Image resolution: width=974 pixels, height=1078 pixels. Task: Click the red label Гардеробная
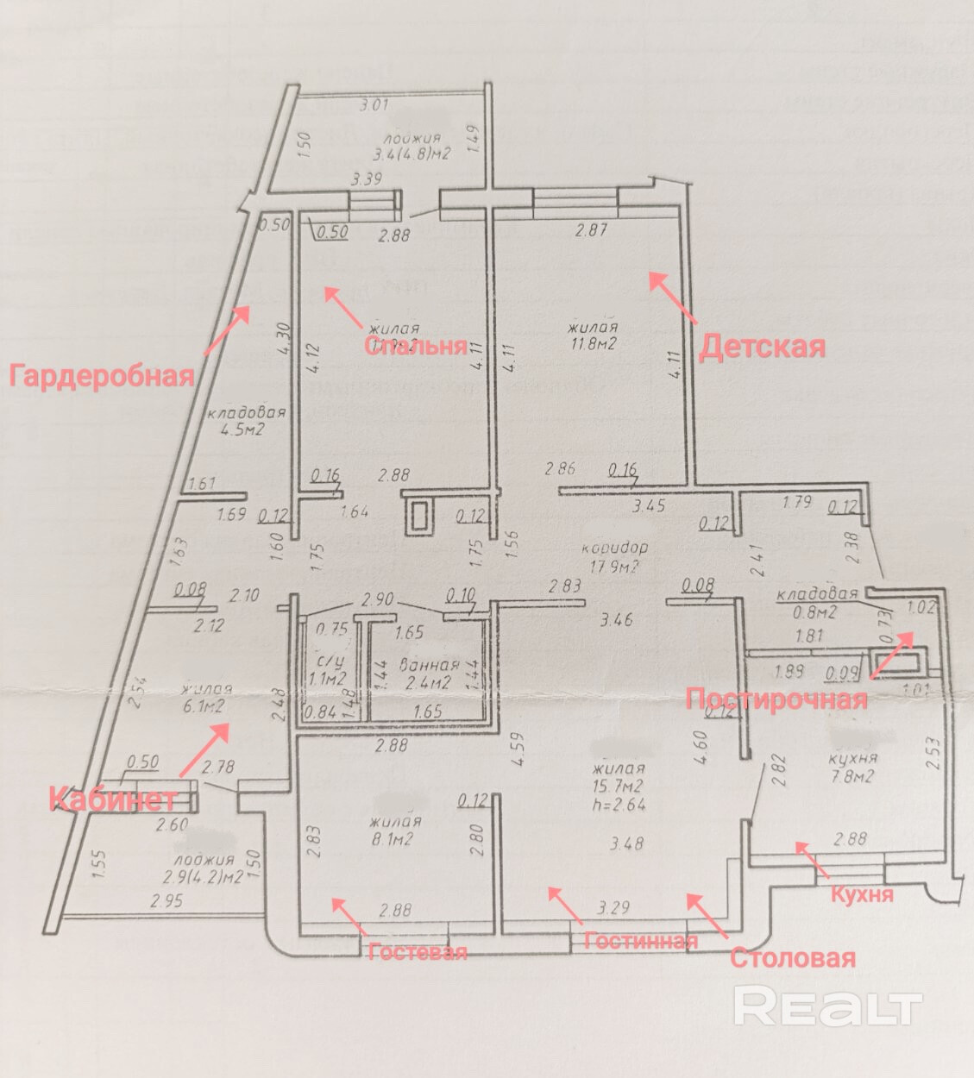tap(101, 376)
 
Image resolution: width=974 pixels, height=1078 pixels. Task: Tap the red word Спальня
tap(415, 346)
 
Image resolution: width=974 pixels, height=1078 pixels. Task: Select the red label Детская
tap(762, 347)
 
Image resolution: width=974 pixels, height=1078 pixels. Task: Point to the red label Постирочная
tap(776, 698)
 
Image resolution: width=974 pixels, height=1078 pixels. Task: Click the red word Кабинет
tap(113, 798)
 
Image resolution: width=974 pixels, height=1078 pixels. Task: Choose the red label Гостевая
tap(418, 951)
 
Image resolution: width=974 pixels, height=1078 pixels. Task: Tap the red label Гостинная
tap(640, 940)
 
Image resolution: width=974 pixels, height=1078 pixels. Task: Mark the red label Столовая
tap(792, 957)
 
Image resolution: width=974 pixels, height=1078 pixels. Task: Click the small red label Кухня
tap(861, 894)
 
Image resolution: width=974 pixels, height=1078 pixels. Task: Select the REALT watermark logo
tap(827, 1006)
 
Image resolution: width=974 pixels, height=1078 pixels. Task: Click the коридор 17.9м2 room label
tap(613, 557)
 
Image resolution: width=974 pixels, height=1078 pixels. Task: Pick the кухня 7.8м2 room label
tap(852, 767)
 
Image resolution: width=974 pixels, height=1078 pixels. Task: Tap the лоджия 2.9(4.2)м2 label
tap(204, 868)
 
